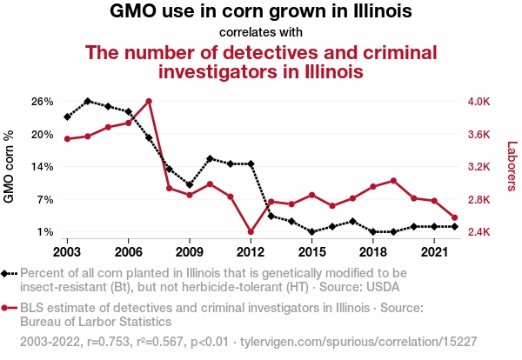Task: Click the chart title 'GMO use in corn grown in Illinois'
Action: coord(261,12)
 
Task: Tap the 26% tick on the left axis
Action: coord(43,102)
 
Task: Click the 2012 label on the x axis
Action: coord(251,251)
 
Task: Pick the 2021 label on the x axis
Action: coord(433,251)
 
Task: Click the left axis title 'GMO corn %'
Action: coord(10,167)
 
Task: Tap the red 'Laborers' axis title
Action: coord(512,167)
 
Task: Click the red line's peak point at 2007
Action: coord(149,102)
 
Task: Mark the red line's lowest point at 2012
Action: coord(251,232)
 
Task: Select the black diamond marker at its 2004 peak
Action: coord(88,102)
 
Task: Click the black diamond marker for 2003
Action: coord(67,117)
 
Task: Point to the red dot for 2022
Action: coord(454,217)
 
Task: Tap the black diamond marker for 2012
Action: coord(251,163)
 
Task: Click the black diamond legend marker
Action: coord(6,273)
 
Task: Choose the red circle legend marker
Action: coord(6,308)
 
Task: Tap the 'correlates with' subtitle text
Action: coord(261,33)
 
